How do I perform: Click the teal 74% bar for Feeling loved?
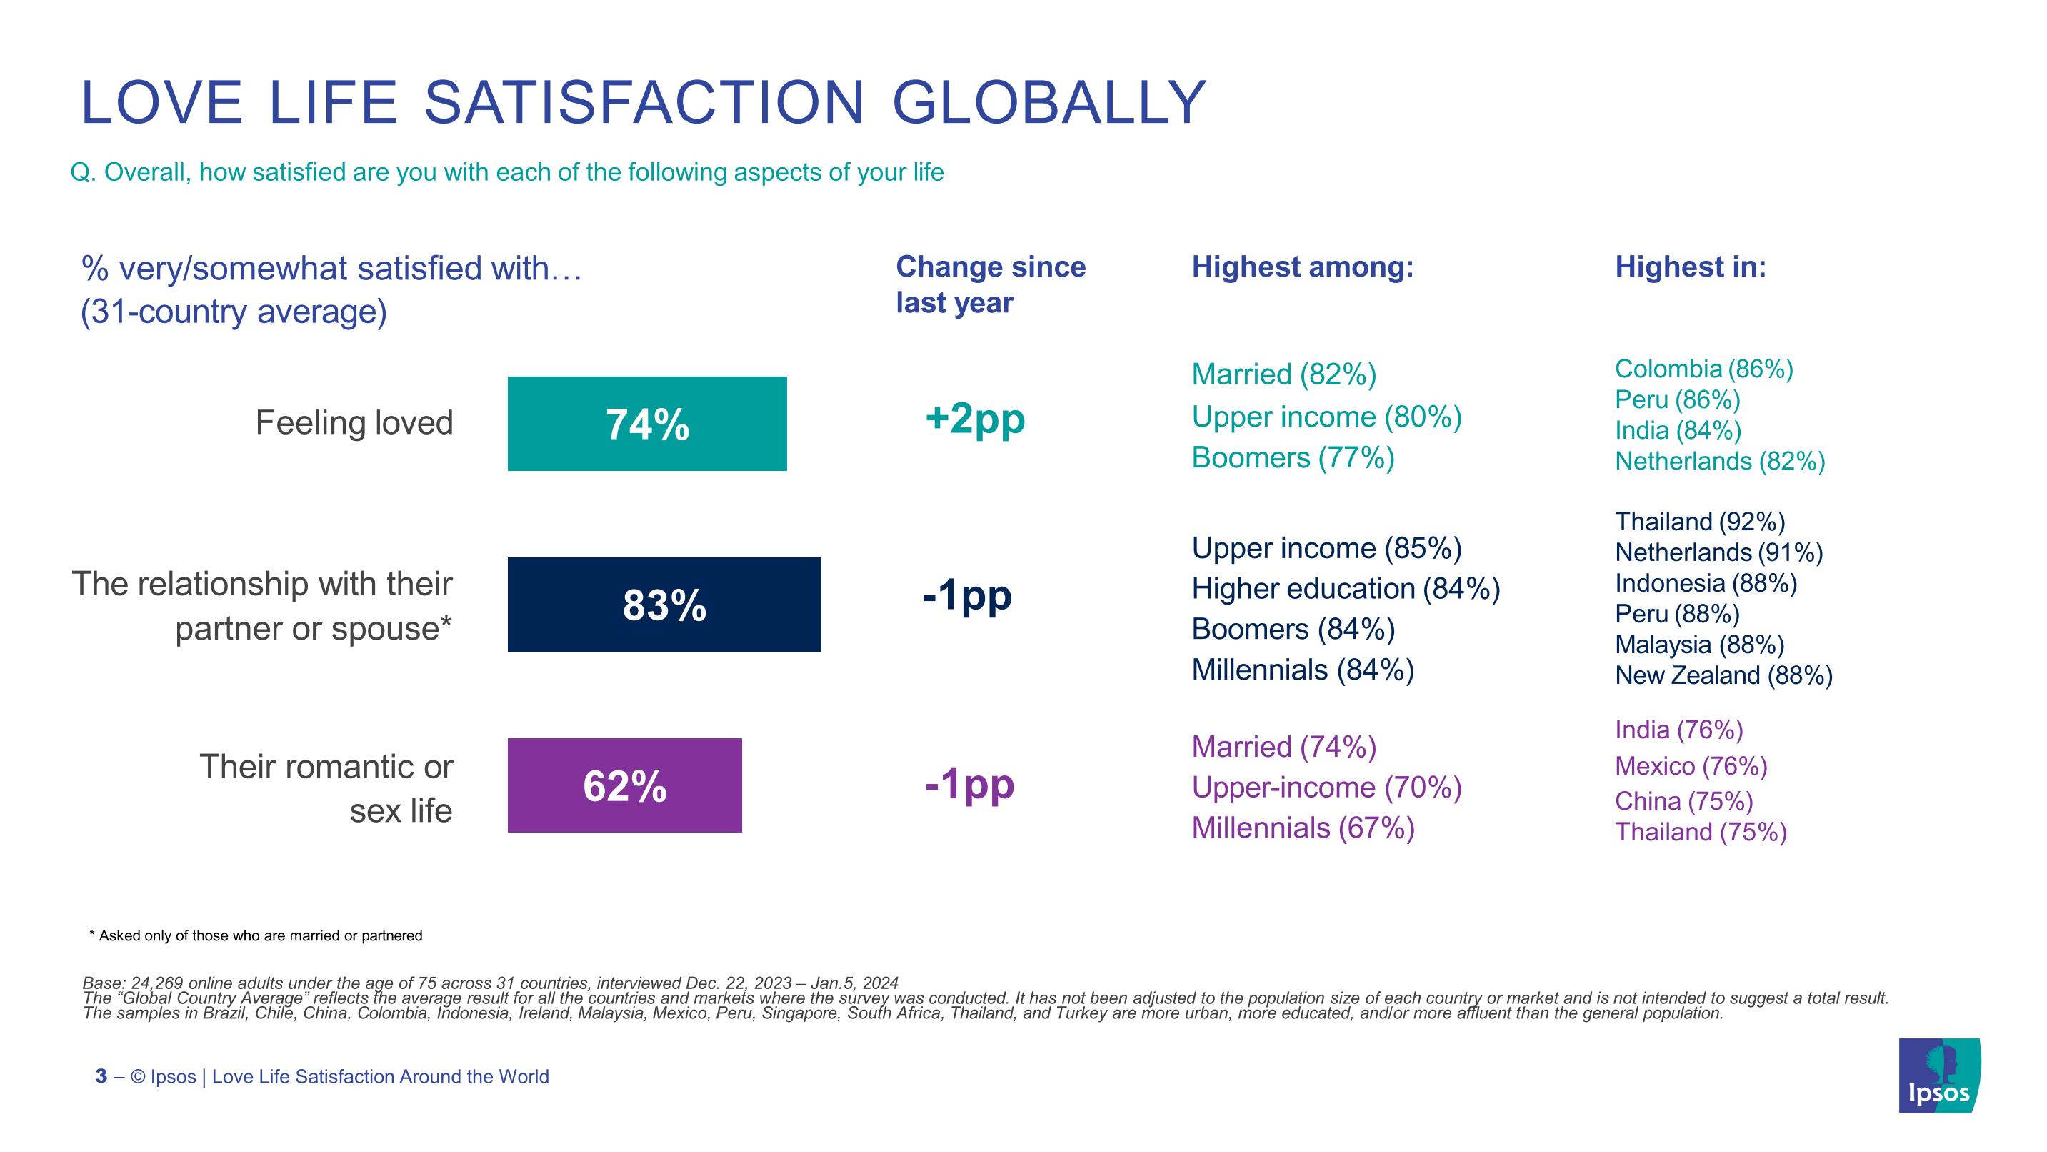pyautogui.click(x=647, y=424)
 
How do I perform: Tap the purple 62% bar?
pyautogui.click(x=624, y=785)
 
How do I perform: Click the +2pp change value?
pyautogui.click(x=974, y=418)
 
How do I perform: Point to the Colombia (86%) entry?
pyautogui.click(x=1703, y=369)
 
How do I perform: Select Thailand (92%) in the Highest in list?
pyautogui.click(x=1700, y=522)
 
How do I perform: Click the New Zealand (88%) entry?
pyautogui.click(x=1723, y=675)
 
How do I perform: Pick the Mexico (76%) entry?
pyautogui.click(x=1690, y=765)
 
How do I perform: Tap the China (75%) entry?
pyautogui.click(x=1683, y=800)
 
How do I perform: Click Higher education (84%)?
pyautogui.click(x=1346, y=589)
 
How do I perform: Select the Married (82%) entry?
pyautogui.click(x=1283, y=374)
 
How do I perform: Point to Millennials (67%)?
pyautogui.click(x=1303, y=828)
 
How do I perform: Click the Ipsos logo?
pyautogui.click(x=1939, y=1075)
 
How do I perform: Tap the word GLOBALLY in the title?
pyautogui.click(x=1049, y=104)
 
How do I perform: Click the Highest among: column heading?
pyautogui.click(x=1303, y=267)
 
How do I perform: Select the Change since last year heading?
pyautogui.click(x=990, y=284)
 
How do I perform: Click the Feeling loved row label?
pyautogui.click(x=354, y=423)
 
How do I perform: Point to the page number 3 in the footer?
pyautogui.click(x=101, y=1076)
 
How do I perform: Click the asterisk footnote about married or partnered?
pyautogui.click(x=256, y=935)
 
